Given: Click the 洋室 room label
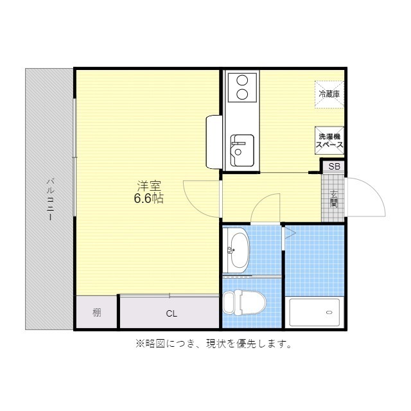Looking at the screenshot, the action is coord(148,186).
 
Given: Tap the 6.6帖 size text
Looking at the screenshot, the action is coord(148,198).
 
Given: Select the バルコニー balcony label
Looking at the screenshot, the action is coord(50,199).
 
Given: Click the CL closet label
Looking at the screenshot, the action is coord(171,313).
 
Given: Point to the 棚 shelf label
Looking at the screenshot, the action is coord(97,313).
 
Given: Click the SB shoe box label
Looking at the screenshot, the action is coord(334,166).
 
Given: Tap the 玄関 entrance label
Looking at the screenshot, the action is coord(334,198).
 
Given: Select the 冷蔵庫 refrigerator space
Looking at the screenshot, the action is coord(329,94).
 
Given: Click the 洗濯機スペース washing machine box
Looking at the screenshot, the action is coord(329,141).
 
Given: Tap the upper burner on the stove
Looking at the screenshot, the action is coord(242,80).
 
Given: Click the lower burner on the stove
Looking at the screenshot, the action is coord(242,94).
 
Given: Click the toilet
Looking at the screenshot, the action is coord(244,302).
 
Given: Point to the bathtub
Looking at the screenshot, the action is coord(314,312).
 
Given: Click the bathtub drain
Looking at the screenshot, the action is coord(329,313).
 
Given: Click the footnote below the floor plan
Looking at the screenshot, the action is coord(214,344).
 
